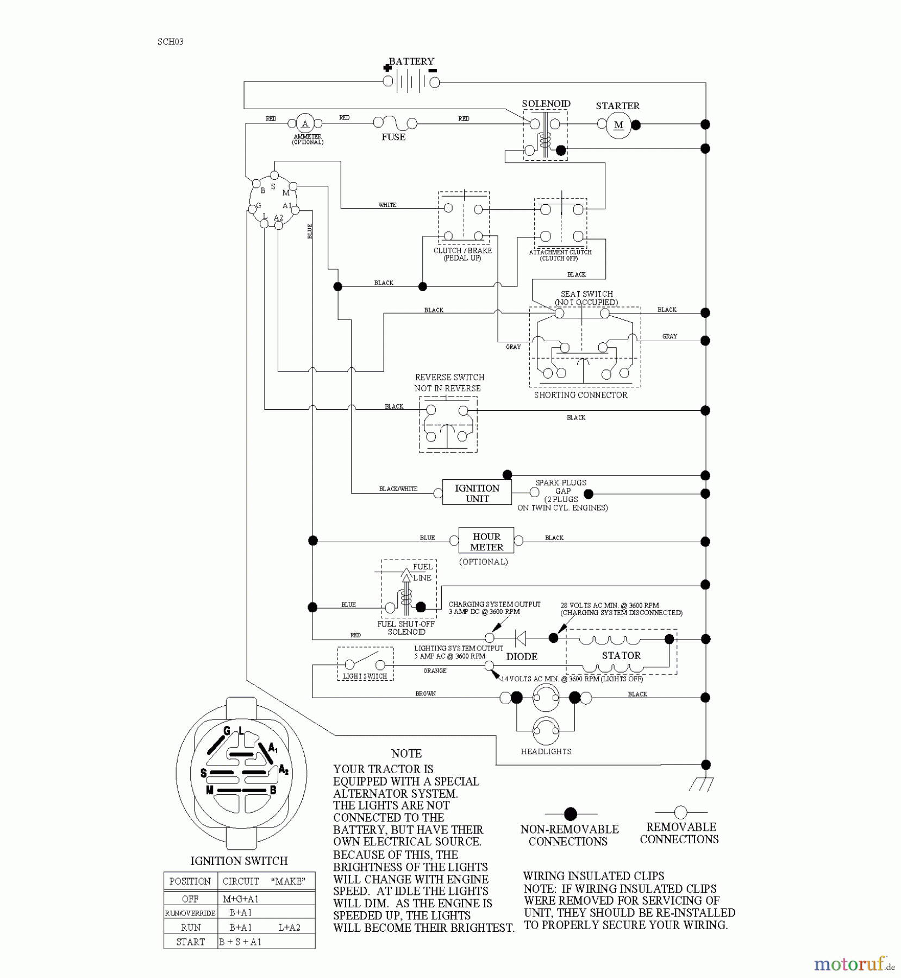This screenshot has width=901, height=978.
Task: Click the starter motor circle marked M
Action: tap(618, 125)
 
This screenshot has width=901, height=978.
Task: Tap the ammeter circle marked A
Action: tap(305, 123)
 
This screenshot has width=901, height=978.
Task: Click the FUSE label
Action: tap(393, 137)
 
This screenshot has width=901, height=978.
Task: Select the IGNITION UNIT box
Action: tap(477, 493)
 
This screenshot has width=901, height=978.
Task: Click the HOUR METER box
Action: tap(486, 542)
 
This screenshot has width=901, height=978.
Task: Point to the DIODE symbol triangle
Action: tap(520, 638)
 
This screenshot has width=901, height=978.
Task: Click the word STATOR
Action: tap(621, 656)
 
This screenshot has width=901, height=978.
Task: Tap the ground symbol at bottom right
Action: tap(701, 784)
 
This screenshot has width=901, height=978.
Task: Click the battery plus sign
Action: tap(387, 68)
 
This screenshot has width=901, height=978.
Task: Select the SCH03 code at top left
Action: tap(170, 42)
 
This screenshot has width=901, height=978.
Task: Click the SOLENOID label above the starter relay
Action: tap(546, 104)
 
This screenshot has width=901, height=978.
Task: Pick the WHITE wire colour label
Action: tap(387, 205)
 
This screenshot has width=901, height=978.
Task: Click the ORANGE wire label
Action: tap(435, 671)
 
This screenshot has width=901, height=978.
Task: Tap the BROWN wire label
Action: tap(426, 694)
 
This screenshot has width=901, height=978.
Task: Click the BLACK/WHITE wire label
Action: tap(398, 489)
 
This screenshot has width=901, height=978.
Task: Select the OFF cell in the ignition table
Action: tap(190, 899)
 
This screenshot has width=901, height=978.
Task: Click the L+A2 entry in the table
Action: tap(289, 927)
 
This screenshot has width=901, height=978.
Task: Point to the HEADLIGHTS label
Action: tap(546, 751)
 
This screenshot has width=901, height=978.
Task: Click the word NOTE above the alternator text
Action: tap(406, 754)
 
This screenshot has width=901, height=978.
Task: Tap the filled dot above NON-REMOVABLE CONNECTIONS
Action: tap(570, 814)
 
